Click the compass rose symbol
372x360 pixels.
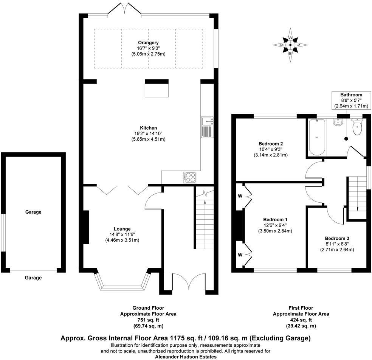(290, 45)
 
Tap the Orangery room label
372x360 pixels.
(148, 42)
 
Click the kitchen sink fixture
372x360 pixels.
(208, 127)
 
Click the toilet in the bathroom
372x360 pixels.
(356, 127)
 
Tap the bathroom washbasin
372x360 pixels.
(338, 122)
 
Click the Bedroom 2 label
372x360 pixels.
(271, 144)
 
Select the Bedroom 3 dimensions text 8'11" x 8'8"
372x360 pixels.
(337, 244)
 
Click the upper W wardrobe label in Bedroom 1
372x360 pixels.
(240, 196)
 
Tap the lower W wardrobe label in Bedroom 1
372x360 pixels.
(240, 254)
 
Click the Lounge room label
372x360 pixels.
(122, 229)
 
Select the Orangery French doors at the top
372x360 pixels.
(121, 9)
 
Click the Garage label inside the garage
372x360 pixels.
(33, 212)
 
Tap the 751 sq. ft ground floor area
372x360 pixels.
(148, 320)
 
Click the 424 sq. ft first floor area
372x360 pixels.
(301, 320)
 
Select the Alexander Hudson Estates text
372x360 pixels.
(186, 357)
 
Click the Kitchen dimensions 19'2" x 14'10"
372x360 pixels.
(148, 133)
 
